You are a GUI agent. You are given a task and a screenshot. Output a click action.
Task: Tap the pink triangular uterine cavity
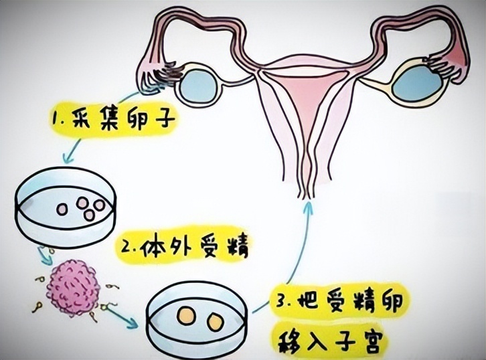[307, 93]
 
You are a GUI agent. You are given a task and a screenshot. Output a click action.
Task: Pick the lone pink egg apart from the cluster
[62, 209]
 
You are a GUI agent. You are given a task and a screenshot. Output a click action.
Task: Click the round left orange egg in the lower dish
[186, 316]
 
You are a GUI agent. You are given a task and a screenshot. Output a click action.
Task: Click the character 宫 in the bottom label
[369, 341]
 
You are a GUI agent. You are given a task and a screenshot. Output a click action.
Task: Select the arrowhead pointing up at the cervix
[309, 205]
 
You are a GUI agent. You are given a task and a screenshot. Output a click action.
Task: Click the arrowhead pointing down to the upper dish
[69, 159]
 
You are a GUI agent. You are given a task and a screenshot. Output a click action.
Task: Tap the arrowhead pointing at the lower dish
[132, 323]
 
